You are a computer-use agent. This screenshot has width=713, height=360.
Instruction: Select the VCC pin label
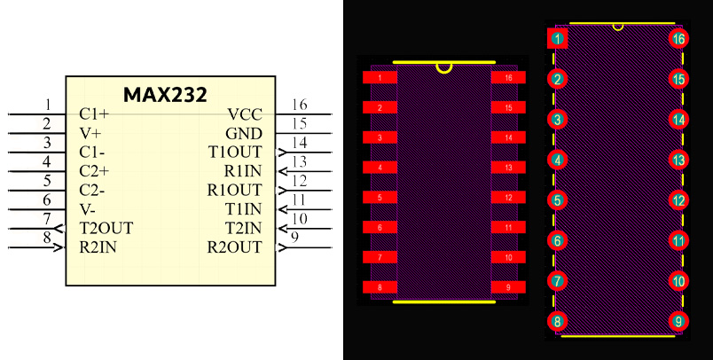click(x=245, y=114)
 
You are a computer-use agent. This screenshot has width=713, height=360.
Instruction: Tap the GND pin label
click(x=244, y=133)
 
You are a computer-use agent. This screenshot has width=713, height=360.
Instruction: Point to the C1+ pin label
click(x=94, y=114)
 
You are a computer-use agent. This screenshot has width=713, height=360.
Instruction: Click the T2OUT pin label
click(x=106, y=228)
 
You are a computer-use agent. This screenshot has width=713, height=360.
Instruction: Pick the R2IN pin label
click(x=98, y=247)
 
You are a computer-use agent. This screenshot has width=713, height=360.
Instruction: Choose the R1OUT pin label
click(x=235, y=190)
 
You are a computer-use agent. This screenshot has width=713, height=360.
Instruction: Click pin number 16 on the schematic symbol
click(x=299, y=106)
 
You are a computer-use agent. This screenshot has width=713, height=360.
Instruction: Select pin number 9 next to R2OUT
click(x=293, y=238)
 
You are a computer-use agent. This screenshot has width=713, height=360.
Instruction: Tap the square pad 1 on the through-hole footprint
click(x=557, y=38)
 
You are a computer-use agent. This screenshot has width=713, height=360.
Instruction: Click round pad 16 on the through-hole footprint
click(x=678, y=38)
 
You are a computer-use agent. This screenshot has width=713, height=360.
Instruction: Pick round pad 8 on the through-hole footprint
click(x=557, y=321)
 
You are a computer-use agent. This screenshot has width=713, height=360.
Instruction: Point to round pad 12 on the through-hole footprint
click(x=678, y=200)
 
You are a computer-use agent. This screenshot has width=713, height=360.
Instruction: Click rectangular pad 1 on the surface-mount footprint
click(x=380, y=78)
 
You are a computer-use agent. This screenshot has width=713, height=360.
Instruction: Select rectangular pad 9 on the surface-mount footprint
click(x=508, y=287)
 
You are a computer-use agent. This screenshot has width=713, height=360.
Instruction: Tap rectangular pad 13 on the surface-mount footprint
click(x=508, y=168)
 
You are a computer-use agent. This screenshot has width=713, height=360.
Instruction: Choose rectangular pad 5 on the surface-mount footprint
click(x=380, y=198)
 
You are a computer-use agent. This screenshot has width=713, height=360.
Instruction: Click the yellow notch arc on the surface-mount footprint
click(x=444, y=67)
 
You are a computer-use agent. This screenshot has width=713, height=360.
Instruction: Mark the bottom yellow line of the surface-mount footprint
click(x=443, y=301)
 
